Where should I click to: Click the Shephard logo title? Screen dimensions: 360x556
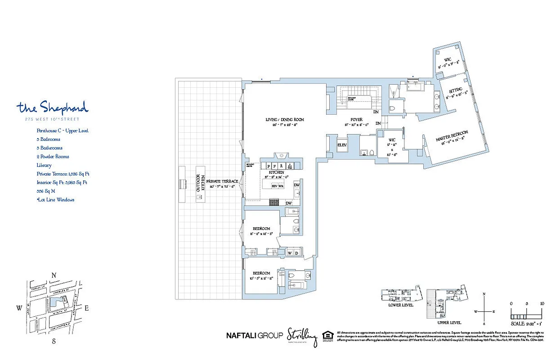click(x=53, y=108)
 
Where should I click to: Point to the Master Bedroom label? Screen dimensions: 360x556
click(x=452, y=138)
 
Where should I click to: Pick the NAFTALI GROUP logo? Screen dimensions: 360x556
click(x=254, y=335)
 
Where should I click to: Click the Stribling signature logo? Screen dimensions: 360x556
click(x=302, y=336)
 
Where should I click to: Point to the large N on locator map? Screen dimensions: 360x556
click(x=54, y=275)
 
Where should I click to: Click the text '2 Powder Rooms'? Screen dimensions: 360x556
click(x=53, y=157)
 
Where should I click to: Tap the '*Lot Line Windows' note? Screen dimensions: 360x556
click(x=56, y=199)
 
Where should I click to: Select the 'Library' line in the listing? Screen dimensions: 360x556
click(x=44, y=165)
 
